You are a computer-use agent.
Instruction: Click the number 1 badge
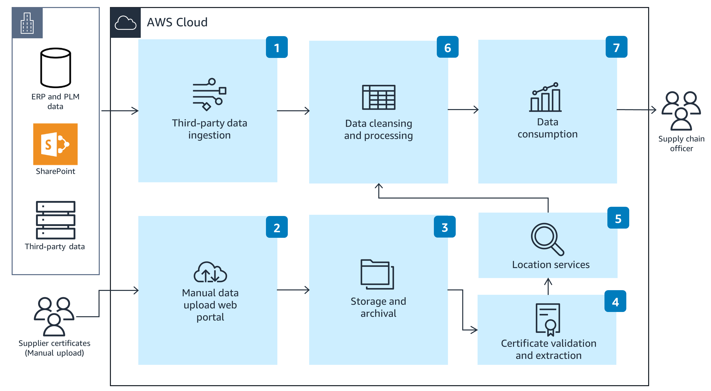click(277, 48)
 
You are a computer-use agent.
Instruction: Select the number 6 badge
click(447, 47)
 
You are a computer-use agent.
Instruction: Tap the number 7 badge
click(616, 47)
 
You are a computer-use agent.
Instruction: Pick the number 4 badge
click(615, 301)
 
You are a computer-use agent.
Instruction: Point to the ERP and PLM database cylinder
click(56, 68)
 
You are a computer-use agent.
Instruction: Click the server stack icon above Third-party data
click(56, 220)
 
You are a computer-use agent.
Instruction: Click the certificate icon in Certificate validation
click(548, 319)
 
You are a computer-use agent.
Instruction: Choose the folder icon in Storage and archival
click(377, 274)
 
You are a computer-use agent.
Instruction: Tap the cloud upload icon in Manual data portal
click(210, 272)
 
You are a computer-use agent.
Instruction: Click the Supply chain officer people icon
click(681, 111)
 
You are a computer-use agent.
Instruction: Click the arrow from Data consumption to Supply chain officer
click(636, 110)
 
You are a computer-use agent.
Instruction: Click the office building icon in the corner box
click(27, 23)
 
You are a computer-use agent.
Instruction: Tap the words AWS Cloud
click(177, 22)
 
